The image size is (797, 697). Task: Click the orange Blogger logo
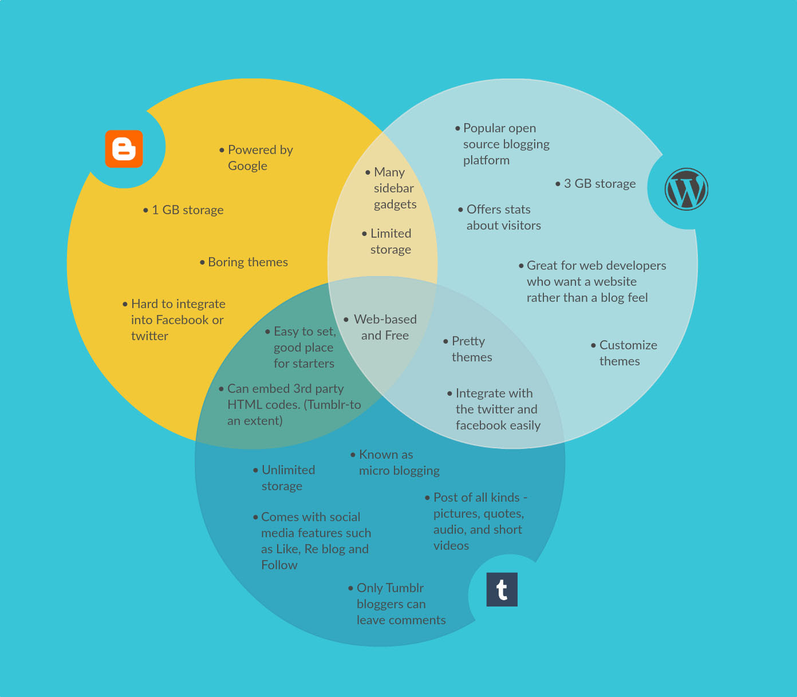[x=124, y=149]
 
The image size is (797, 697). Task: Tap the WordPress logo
[x=686, y=190]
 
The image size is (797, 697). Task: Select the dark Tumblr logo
[x=502, y=589]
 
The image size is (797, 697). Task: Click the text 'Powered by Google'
[x=257, y=158]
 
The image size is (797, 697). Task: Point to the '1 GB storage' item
[x=183, y=210]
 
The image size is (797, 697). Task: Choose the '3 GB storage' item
[x=595, y=183]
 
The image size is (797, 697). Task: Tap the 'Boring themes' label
[x=244, y=262]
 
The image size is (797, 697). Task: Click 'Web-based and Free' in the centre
[x=381, y=327]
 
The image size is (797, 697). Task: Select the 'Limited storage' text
[x=387, y=241]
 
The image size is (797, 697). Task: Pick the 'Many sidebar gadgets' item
[x=391, y=188]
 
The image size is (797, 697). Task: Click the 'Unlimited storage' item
[x=285, y=478]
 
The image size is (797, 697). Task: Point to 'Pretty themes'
[x=468, y=349]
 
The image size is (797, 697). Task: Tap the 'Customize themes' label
[x=624, y=353]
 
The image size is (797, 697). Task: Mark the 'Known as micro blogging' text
[x=395, y=462]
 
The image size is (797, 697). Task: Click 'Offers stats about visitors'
[x=500, y=218]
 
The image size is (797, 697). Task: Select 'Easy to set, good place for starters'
[x=301, y=347]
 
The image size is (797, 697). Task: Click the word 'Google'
[x=248, y=166]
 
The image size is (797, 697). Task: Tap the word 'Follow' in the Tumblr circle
[x=279, y=565]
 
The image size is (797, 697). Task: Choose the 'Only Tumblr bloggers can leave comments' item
[x=397, y=604]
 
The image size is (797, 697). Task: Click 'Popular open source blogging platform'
[x=503, y=144]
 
